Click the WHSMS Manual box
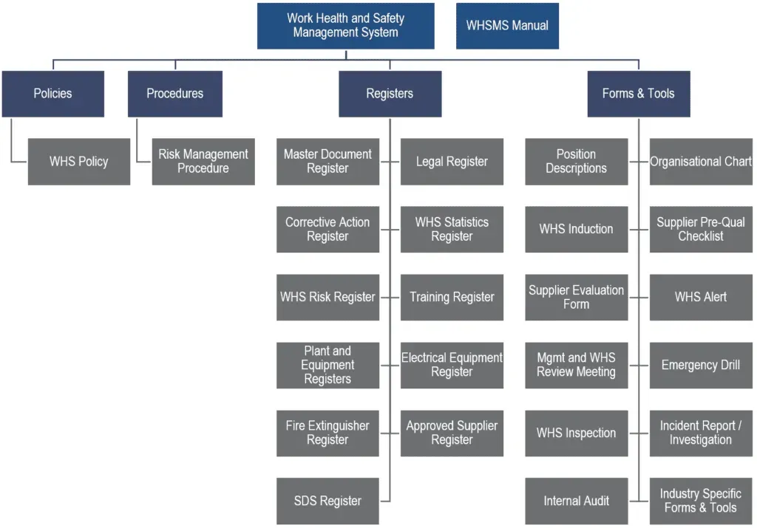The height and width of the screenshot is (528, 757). click(507, 26)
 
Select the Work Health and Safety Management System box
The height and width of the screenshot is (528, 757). click(345, 26)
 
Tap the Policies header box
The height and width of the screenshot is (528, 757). click(52, 94)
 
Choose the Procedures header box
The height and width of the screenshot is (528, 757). click(174, 94)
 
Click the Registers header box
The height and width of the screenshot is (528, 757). click(390, 94)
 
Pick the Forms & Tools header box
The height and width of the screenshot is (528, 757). click(638, 94)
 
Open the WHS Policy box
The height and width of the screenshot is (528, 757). click(78, 162)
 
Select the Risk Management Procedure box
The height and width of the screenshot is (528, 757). click(203, 162)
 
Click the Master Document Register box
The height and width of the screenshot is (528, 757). click(327, 162)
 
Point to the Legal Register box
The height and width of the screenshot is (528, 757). click(452, 162)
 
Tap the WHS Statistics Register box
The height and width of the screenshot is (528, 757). click(452, 230)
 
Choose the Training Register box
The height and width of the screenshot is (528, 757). click(452, 298)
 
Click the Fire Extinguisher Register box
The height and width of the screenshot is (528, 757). click(327, 433)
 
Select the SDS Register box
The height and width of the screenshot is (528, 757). click(327, 501)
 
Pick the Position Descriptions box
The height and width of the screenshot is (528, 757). click(576, 162)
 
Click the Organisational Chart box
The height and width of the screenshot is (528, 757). click(701, 162)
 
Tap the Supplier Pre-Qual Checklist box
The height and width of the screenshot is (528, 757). click(701, 230)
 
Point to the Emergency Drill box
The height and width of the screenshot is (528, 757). click(701, 366)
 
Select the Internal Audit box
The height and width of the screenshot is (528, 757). click(576, 501)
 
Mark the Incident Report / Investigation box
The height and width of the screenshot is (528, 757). click(701, 433)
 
